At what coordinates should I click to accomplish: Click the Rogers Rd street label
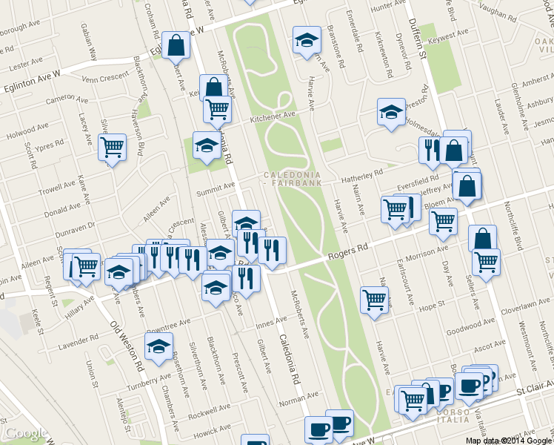tap(347, 255)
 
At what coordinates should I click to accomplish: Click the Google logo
tap(25, 433)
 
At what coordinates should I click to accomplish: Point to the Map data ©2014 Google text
tap(509, 440)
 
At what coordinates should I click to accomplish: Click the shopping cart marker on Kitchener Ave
tap(218, 110)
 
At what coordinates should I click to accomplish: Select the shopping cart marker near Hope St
tap(374, 300)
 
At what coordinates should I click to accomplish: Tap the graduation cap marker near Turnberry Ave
tap(158, 346)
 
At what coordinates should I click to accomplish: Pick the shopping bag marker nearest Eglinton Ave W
tap(177, 45)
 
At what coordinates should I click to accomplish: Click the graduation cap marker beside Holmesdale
tap(391, 112)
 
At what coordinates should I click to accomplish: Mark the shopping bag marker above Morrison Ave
tap(482, 239)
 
